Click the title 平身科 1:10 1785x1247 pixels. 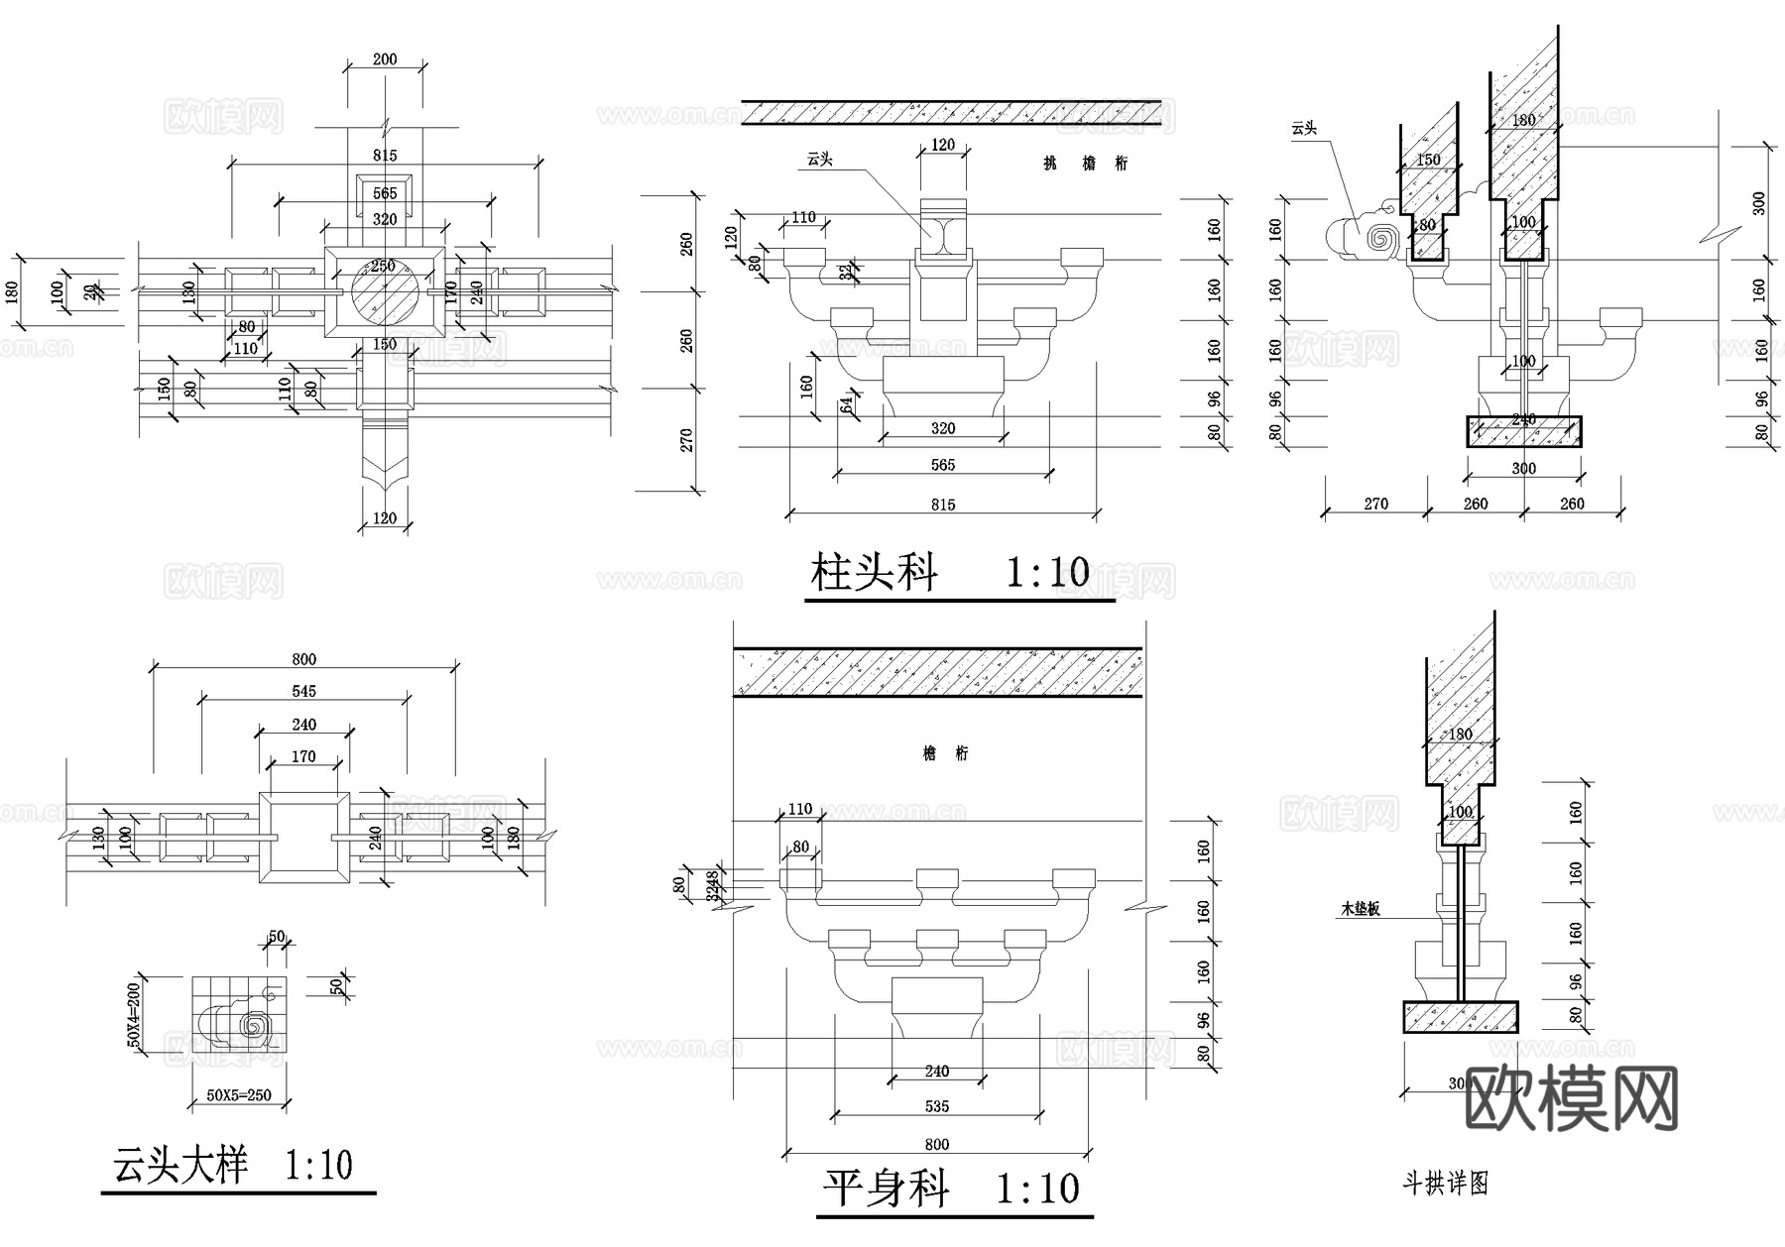click(951, 1189)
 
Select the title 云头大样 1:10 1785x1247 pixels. click(234, 1165)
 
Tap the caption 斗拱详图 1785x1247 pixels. click(1445, 1184)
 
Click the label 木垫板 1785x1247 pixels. click(1360, 908)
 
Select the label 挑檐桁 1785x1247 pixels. click(1085, 164)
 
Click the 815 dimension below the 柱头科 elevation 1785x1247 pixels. click(943, 505)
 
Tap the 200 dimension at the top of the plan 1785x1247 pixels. click(385, 59)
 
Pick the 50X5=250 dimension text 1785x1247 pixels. click(239, 1095)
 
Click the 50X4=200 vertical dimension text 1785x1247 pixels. click(135, 1011)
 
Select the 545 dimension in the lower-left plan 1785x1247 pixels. click(304, 691)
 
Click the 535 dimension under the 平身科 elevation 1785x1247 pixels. click(936, 1106)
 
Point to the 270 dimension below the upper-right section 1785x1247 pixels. click(1375, 504)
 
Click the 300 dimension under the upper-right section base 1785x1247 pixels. click(1523, 468)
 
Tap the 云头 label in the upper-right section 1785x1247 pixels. click(1304, 128)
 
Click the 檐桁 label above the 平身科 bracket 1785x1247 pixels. click(945, 753)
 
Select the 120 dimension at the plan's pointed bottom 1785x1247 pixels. click(385, 517)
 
